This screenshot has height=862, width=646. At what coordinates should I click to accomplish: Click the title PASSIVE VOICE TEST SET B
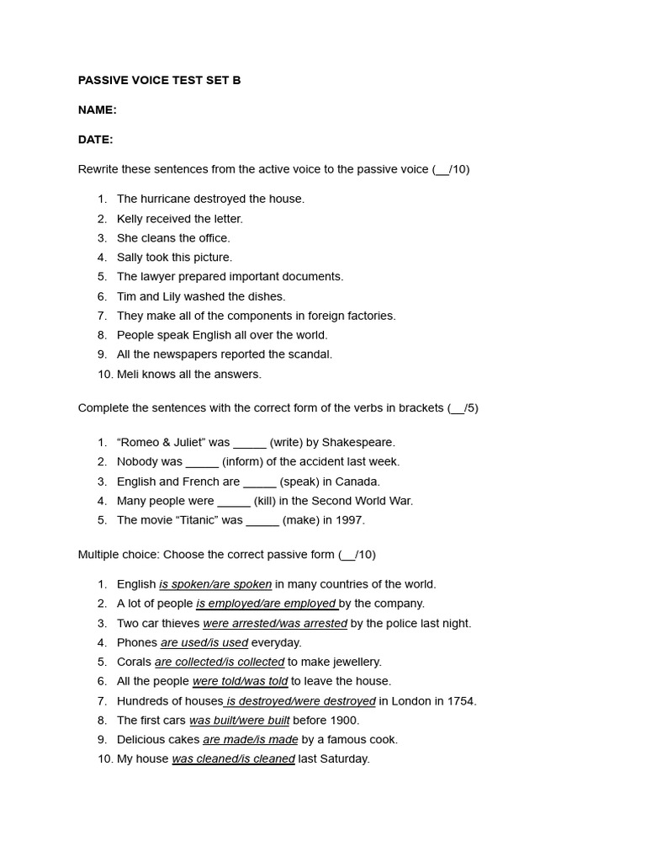(x=159, y=80)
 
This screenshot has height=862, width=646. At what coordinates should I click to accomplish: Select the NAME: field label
(x=97, y=109)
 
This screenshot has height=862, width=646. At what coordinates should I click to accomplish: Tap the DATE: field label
(x=95, y=139)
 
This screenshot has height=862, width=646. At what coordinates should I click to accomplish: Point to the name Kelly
(x=130, y=219)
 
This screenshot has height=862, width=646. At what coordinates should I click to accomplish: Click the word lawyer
(x=157, y=276)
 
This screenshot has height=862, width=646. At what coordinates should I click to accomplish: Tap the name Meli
(x=129, y=374)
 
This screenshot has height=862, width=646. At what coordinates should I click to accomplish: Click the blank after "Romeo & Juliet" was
(x=250, y=443)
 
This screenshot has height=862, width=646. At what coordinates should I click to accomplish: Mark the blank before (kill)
(x=234, y=501)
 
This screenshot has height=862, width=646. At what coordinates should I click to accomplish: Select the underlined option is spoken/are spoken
(x=215, y=584)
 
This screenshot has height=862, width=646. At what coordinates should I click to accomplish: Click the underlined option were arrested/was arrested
(x=275, y=623)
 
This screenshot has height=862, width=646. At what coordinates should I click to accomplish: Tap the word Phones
(x=137, y=642)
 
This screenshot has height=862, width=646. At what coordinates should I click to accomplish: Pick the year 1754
(x=460, y=700)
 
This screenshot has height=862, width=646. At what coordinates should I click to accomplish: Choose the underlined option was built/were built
(x=239, y=720)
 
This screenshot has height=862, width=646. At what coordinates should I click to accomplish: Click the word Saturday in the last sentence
(x=344, y=758)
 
